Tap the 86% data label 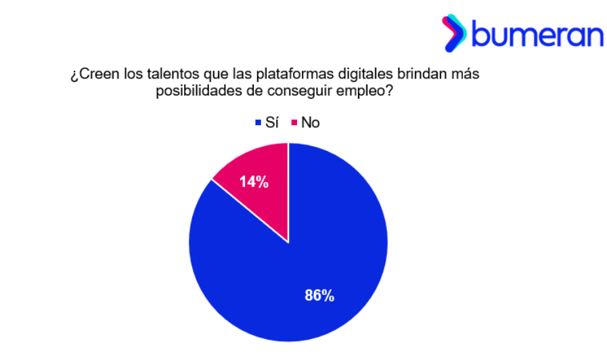click(x=319, y=296)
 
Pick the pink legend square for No click(x=294, y=123)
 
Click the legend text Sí click(x=271, y=122)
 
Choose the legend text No click(x=311, y=122)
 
